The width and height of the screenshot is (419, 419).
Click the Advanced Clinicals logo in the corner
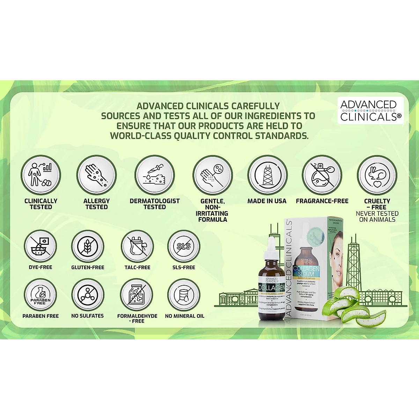tap(370, 110)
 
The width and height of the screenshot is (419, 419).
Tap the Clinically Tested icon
tap(41, 175)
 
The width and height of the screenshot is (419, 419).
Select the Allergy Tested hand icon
tap(96, 175)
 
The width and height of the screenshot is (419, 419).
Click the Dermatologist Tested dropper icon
tap(155, 175)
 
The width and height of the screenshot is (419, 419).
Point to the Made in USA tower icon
tap(267, 175)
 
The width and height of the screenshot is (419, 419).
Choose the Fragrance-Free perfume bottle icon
tap(322, 175)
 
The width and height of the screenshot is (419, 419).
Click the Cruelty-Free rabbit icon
tap(377, 175)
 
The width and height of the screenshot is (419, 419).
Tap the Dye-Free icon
tap(41, 246)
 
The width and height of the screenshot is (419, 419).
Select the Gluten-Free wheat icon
tap(88, 246)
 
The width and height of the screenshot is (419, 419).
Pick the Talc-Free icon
tap(137, 246)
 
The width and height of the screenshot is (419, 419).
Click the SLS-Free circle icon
tap(184, 246)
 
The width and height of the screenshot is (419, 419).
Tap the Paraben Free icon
tap(41, 295)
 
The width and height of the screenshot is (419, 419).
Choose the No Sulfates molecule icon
tap(88, 295)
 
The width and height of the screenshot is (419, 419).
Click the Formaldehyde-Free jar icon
tap(137, 295)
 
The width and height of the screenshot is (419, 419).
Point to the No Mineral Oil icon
tap(184, 295)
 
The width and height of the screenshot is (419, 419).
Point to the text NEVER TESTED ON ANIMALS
tap(377, 216)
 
